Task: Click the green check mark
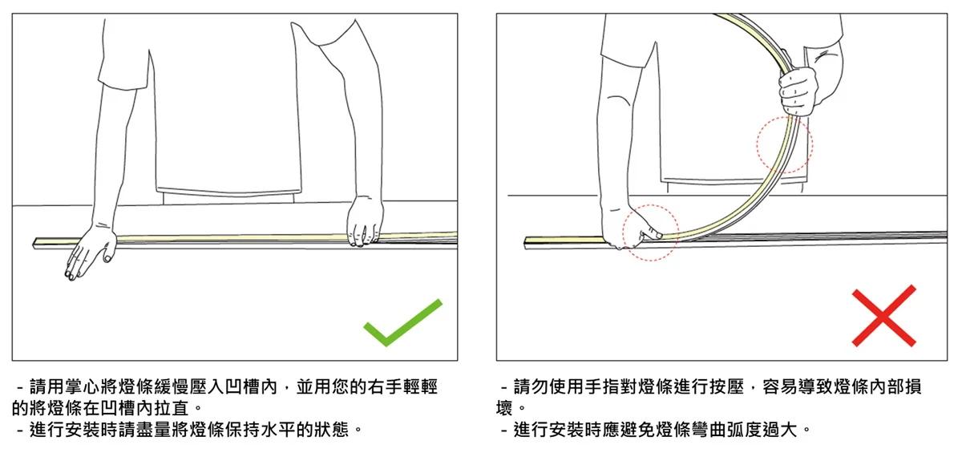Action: click(x=402, y=322)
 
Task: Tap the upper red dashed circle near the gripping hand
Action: click(x=785, y=145)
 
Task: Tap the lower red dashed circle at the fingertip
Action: click(x=650, y=232)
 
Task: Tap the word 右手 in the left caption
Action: click(x=375, y=386)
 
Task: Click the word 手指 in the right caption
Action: click(x=593, y=386)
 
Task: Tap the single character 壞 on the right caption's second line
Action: click(x=505, y=408)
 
